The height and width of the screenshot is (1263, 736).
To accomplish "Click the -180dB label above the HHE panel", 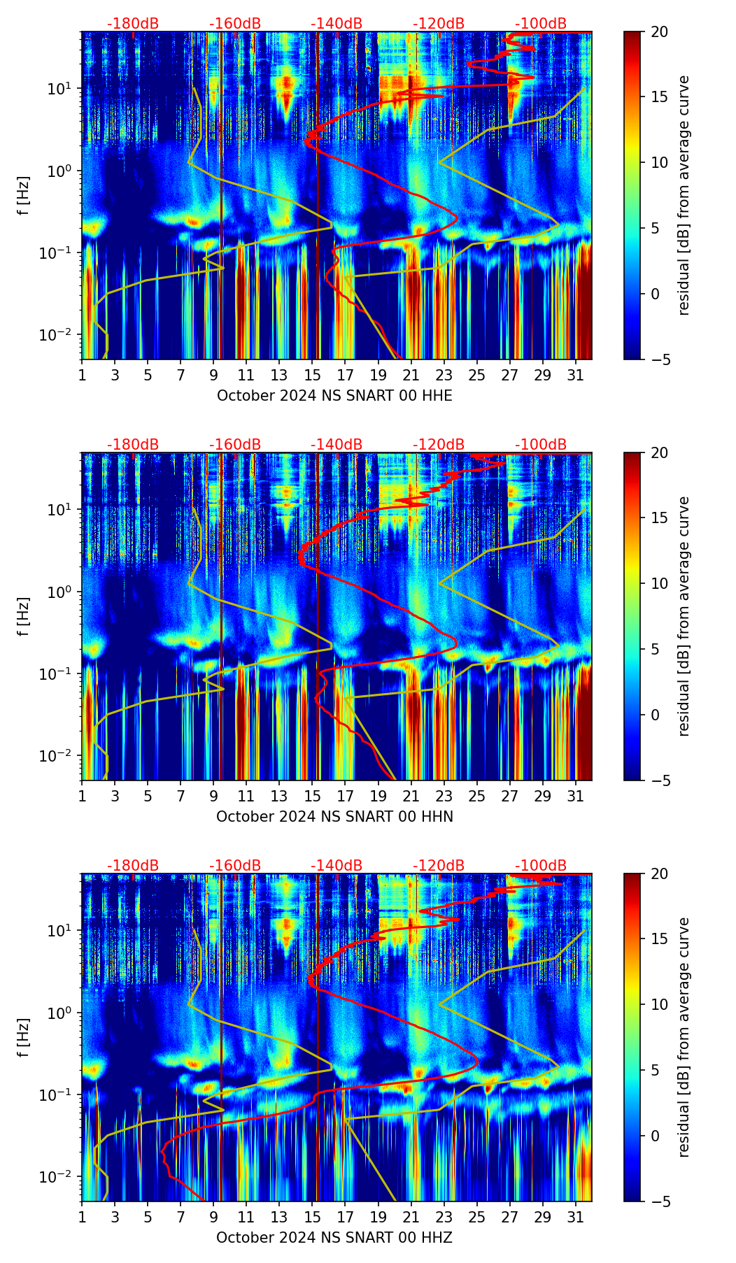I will point(133,24).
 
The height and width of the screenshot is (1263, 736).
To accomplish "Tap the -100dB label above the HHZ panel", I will point(541,866).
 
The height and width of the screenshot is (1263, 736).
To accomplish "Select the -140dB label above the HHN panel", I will point(337,445).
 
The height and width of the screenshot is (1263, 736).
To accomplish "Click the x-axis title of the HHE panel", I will point(334,396).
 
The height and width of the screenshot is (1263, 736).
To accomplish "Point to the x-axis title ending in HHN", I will point(334,817).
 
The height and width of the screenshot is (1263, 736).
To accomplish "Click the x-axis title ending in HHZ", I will point(334,1238).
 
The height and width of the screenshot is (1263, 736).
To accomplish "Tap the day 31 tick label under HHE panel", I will point(576,376).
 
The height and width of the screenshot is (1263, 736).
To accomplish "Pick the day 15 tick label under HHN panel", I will point(312,797).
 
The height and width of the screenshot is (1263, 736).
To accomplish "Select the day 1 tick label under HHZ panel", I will point(82,1218).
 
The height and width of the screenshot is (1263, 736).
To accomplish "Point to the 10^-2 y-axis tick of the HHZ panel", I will point(62,1178).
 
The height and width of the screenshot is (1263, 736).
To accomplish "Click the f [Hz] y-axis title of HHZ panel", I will point(24,1037).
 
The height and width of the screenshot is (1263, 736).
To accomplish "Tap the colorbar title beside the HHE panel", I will point(684,195).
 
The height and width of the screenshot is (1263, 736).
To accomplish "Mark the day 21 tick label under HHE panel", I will point(411,376).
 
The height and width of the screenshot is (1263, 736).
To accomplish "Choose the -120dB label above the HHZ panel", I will point(439,866).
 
